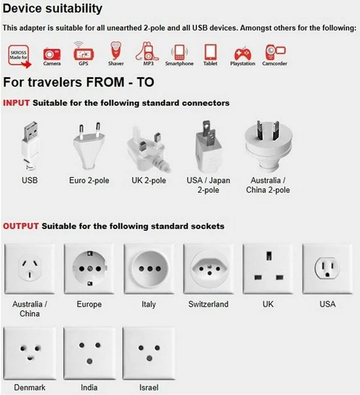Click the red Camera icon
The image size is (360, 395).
[52, 54]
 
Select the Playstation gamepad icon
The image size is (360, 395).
[243, 53]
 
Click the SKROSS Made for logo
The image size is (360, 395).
[19, 56]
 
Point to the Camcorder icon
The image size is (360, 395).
[275, 52]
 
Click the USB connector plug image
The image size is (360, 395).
[30, 146]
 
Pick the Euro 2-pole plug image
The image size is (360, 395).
[89, 146]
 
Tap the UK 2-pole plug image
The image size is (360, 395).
[148, 149]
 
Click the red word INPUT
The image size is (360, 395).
[16, 103]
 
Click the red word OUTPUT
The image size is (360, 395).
[21, 226]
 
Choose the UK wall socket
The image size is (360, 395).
[268, 269]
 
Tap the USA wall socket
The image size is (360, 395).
[327, 269]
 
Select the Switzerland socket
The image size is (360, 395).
[209, 269]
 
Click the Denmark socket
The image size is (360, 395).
[29, 353]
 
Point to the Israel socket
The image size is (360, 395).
[149, 353]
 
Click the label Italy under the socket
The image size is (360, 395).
[149, 304]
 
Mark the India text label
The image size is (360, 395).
[89, 387]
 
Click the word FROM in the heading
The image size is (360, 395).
[105, 82]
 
